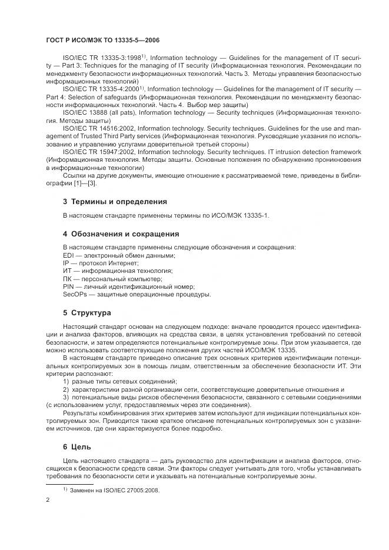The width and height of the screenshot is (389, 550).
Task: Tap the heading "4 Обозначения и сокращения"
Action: [x=121, y=234]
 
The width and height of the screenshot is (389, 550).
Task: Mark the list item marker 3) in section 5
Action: [x=66, y=398]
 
